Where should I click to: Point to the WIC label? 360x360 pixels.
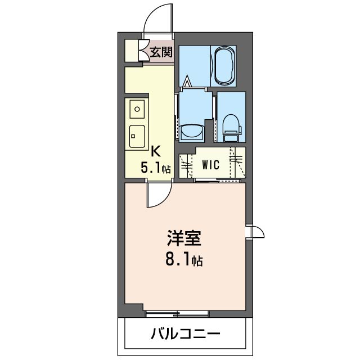click(211, 165)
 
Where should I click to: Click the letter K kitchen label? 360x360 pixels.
click(156, 151)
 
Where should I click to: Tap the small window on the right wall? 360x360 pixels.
click(254, 232)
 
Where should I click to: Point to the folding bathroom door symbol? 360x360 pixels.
click(187, 84)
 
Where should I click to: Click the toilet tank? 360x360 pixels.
click(231, 135)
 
